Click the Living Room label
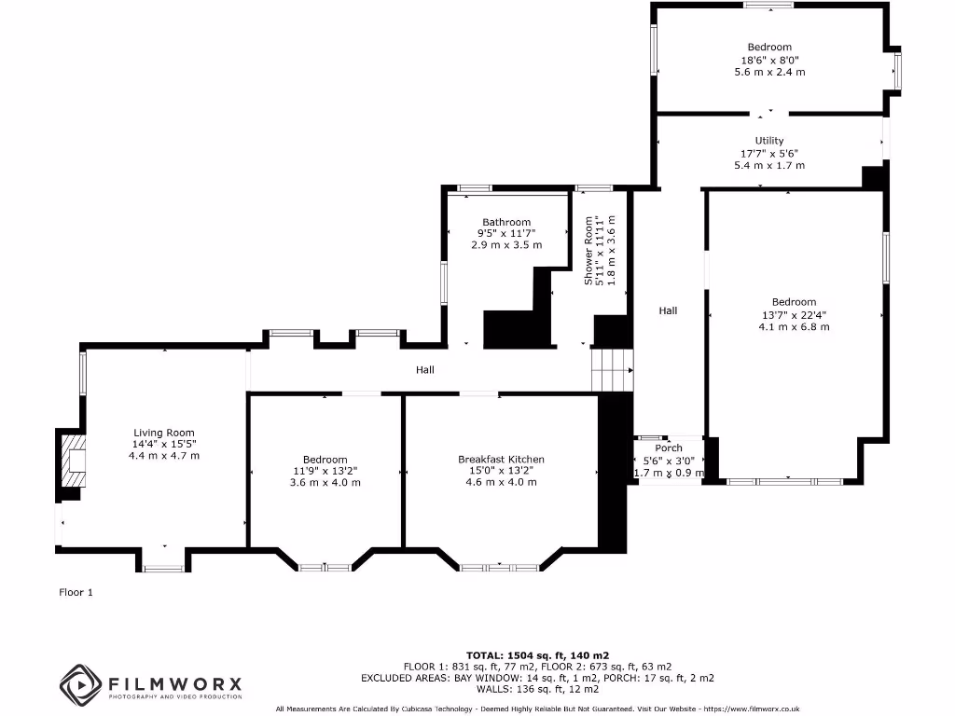tap(164, 433)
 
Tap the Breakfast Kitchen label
tap(501, 460)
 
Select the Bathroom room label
tap(506, 222)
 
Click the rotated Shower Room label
tap(588, 251)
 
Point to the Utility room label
tap(769, 141)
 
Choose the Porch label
tap(669, 448)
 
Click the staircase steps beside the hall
tap(613, 368)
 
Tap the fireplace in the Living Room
tap(74, 460)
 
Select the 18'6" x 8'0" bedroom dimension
tap(769, 60)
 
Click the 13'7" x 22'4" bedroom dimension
tap(794, 314)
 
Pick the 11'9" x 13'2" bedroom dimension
tap(325, 471)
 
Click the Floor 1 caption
tap(76, 592)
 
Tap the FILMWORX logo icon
tap(80, 683)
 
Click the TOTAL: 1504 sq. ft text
tap(538, 655)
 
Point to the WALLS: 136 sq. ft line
tap(538, 690)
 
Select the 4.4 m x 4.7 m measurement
tap(164, 456)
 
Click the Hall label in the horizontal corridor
tap(425, 370)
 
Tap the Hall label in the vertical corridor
tap(668, 311)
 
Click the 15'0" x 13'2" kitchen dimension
tap(501, 471)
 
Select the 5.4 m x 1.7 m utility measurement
tap(769, 165)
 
